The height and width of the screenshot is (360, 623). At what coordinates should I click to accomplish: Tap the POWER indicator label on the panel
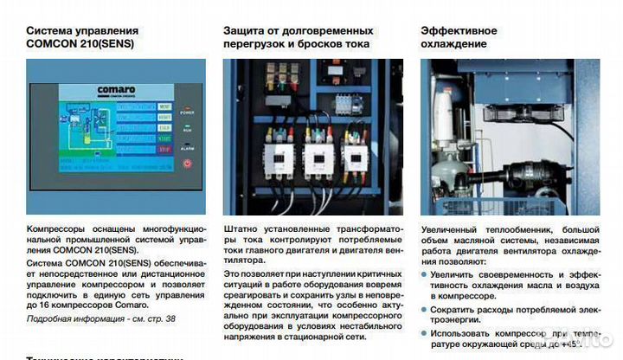pos(188,112)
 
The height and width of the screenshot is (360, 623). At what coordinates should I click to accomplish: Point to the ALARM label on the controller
pos(188,148)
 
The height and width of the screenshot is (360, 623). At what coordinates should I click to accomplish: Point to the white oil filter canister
pos(444,117)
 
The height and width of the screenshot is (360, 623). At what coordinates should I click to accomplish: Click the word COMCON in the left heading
pos(54,43)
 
